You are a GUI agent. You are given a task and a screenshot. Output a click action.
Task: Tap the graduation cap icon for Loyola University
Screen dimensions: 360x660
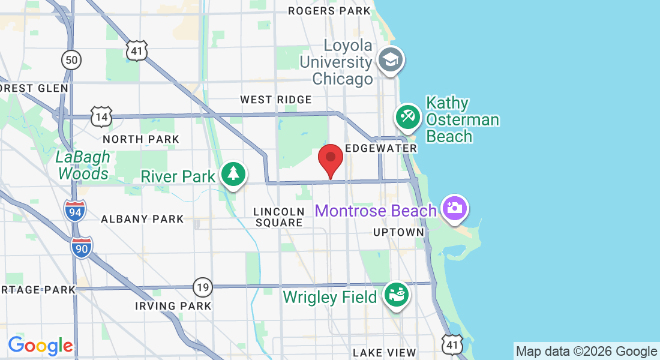pyautogui.click(x=391, y=60)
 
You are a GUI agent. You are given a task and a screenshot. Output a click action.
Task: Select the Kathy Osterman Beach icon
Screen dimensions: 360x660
pyautogui.click(x=409, y=116)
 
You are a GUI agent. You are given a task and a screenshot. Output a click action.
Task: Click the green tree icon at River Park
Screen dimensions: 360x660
pyautogui.click(x=233, y=174)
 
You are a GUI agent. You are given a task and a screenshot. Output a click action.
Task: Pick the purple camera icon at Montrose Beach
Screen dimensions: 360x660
pyautogui.click(x=454, y=208)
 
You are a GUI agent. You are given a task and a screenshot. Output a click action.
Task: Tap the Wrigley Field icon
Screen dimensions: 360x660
pyautogui.click(x=397, y=295)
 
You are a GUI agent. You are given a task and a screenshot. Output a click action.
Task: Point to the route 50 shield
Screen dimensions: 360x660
pyautogui.click(x=71, y=59)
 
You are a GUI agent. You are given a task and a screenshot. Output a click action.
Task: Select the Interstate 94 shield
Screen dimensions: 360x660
pyautogui.click(x=74, y=211)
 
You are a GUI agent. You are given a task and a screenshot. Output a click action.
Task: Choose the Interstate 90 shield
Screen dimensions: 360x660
pyautogui.click(x=82, y=247)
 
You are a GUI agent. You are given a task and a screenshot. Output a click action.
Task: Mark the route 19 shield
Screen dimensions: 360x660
pyautogui.click(x=203, y=287)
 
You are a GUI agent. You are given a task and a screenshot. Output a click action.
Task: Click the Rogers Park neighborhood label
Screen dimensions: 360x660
pyautogui.click(x=329, y=11)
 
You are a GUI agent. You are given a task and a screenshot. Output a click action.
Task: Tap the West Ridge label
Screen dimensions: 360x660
pyautogui.click(x=276, y=100)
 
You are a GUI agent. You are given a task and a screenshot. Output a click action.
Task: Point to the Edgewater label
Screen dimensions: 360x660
pyautogui.click(x=381, y=148)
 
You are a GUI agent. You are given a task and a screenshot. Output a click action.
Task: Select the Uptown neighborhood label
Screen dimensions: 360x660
pyautogui.click(x=398, y=232)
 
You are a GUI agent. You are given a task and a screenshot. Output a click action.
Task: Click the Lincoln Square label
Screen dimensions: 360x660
pyautogui.click(x=279, y=217)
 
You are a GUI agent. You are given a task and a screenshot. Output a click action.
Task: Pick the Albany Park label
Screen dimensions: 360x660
pyautogui.click(x=142, y=219)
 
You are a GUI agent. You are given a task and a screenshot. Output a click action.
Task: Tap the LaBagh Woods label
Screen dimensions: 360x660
pyautogui.click(x=83, y=166)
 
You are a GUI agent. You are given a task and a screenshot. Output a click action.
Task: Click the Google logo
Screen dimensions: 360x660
pyautogui.click(x=40, y=346)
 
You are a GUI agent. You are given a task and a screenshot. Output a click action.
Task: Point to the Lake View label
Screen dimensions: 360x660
pyautogui.click(x=384, y=352)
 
